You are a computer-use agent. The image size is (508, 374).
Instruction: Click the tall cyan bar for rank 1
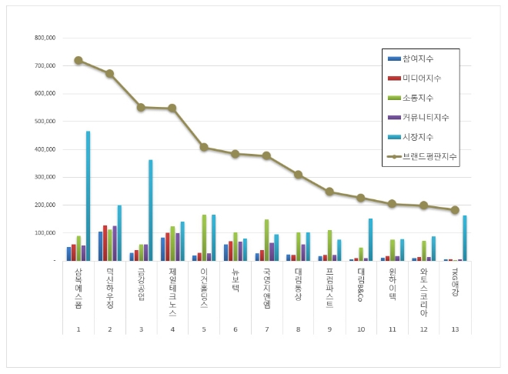click(88, 196)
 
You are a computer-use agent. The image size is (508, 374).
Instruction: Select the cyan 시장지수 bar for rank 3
click(151, 210)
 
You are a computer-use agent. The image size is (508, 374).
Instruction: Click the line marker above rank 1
click(79, 60)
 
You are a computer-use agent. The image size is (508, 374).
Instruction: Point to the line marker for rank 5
click(204, 147)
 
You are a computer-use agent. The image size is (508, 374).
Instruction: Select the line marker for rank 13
click(455, 210)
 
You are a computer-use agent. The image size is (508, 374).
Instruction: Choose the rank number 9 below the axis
click(329, 329)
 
